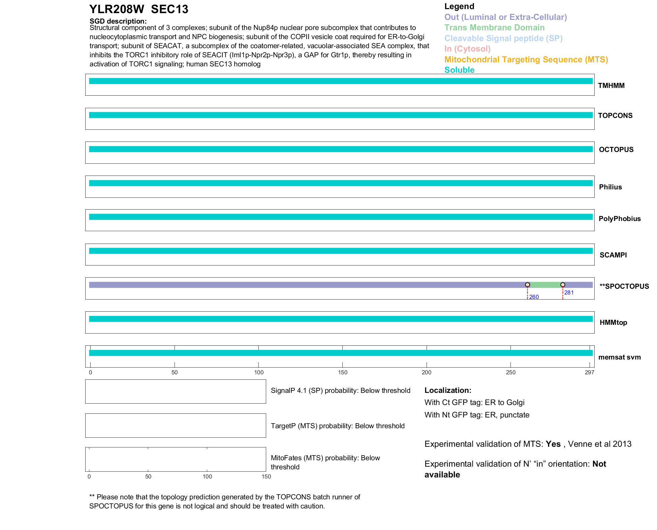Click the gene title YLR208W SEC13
pos(138,9)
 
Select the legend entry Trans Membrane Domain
pos(494,28)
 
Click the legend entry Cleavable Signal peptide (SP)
pos(503,38)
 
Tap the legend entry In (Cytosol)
pos(467,49)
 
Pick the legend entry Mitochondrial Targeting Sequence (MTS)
pos(526,60)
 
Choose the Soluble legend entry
pos(459,70)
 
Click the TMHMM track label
pos(611,86)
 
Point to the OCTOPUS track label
pos(616,150)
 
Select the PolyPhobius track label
pos(619,219)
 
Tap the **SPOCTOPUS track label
pos(624,286)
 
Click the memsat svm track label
pos(619,357)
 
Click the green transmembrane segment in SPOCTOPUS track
pos(545,285)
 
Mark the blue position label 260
pos(534,297)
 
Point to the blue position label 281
pos(569,292)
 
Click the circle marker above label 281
pos(563,285)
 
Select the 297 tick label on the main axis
pos(589,372)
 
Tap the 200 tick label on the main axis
pos(426,372)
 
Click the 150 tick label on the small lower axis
pos(266,476)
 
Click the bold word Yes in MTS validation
pos(553,444)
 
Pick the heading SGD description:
pos(118,21)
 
